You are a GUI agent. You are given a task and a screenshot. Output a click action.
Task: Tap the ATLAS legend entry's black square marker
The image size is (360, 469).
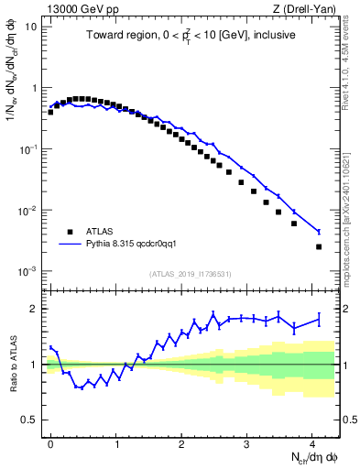pos(71,231)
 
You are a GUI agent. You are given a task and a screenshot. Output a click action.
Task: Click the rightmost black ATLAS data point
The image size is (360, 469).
pos(319,246)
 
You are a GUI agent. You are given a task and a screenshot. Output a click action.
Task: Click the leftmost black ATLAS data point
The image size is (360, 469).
pos(50,112)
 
